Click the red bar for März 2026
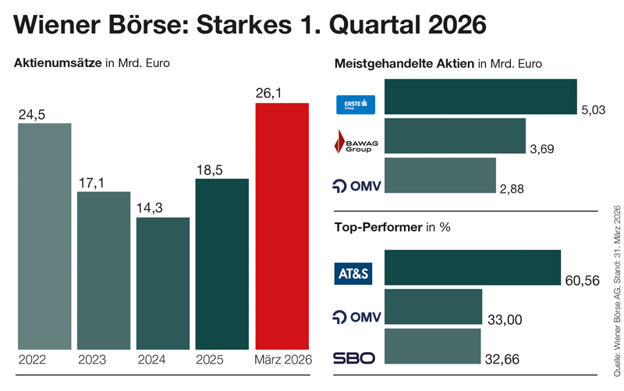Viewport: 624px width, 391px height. click(282, 226)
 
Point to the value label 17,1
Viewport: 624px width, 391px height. click(91, 183)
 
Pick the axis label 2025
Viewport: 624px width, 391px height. click(211, 360)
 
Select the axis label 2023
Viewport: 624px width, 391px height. click(92, 360)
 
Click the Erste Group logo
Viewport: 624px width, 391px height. click(355, 105)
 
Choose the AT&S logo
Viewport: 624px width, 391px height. click(354, 274)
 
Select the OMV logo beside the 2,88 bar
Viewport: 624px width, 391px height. click(354, 186)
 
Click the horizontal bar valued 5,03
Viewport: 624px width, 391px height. click(480, 97)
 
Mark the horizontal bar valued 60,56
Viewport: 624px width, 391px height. click(473, 268)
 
